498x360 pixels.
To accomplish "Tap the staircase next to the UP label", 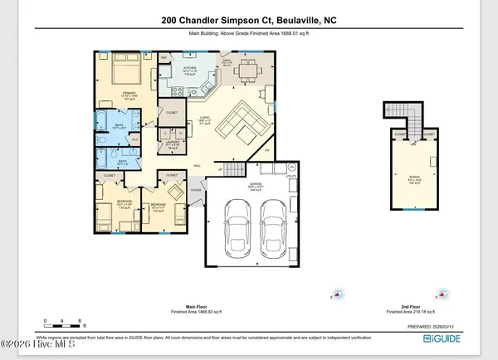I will point(235,170).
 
